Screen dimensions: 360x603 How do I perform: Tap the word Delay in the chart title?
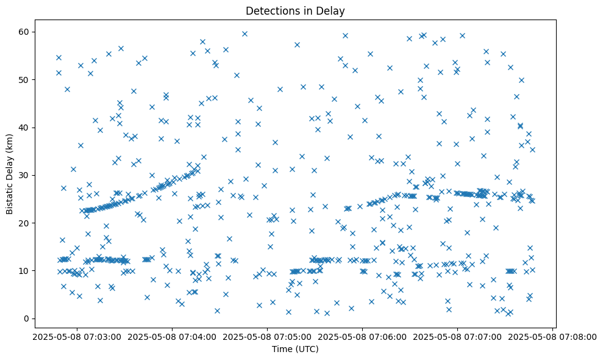[x=332, y=10]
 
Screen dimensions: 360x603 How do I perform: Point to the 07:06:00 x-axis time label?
[x=362, y=336]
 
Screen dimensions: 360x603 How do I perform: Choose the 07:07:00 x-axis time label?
[x=458, y=336]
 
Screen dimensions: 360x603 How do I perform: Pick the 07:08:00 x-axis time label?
[x=554, y=336]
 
